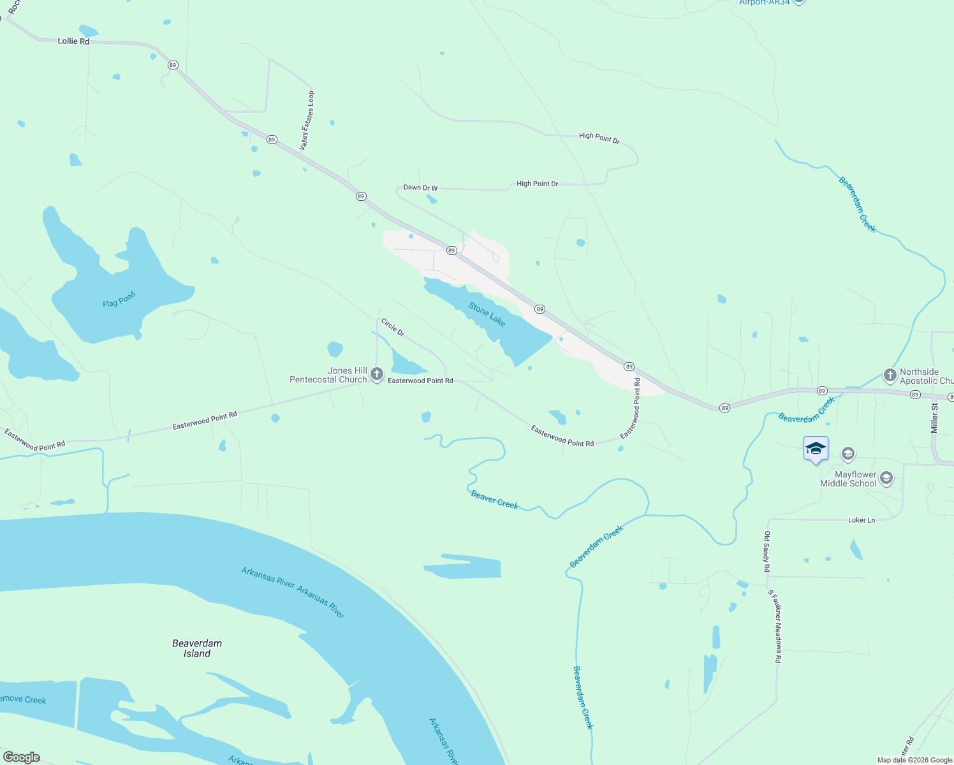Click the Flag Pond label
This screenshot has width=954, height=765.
119,300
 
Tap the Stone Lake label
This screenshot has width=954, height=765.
487,314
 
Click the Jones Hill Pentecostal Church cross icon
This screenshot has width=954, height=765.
377,374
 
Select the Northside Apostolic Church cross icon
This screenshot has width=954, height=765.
890,375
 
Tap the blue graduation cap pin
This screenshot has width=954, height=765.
816,449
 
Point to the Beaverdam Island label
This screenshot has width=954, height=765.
197,648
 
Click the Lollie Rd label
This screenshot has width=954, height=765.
73,41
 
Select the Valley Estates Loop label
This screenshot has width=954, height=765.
307,120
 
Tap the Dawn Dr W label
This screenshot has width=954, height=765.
420,188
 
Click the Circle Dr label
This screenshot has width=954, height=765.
392,327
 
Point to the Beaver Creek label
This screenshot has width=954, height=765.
494,499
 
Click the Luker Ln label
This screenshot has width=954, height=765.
861,520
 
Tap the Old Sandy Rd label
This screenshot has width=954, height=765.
767,551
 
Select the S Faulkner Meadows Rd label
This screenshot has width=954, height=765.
774,626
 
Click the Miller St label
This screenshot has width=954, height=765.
935,418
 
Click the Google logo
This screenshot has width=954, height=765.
21,757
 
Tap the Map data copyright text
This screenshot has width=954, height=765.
914,760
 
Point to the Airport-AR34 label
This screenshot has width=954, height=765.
765,3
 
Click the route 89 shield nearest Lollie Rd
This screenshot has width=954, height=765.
173,65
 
